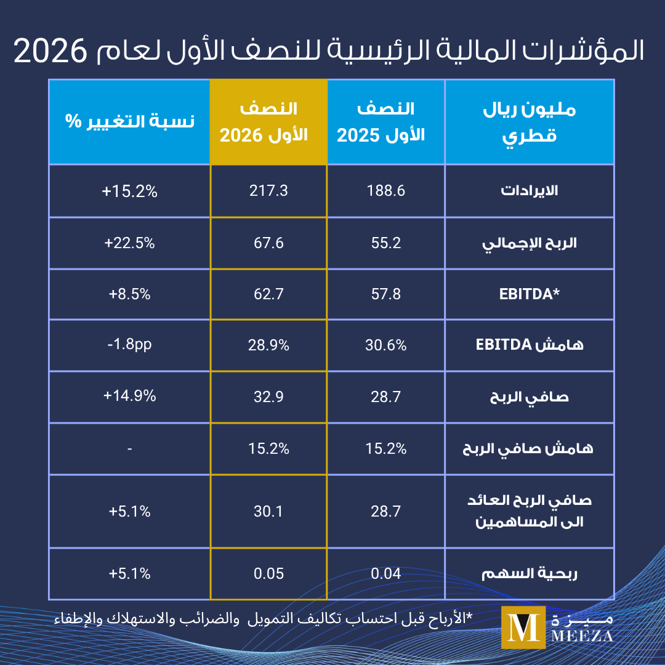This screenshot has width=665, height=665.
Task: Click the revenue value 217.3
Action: tap(268, 191)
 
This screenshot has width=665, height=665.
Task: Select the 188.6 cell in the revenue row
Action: tap(385, 191)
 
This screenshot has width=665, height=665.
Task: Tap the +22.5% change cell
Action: tap(129, 243)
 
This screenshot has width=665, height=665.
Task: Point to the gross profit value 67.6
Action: tap(268, 243)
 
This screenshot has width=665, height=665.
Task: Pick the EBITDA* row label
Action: tap(530, 294)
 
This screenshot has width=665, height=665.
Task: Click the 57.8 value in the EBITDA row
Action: tap(385, 294)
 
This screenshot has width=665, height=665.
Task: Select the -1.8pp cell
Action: tap(129, 344)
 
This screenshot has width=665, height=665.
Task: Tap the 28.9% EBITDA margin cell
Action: tap(268, 345)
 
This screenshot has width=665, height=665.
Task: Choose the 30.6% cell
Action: tap(385, 345)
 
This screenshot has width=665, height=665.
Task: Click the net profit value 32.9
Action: tap(268, 397)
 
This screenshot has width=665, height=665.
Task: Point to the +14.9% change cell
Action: tap(129, 396)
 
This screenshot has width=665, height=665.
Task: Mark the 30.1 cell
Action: tap(268, 512)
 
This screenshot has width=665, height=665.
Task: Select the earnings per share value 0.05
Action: tap(268, 574)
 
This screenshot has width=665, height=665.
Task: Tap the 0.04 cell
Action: tap(385, 574)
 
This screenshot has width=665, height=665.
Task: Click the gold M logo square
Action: tap(523, 627)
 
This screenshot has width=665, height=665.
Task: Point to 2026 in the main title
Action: tap(50, 51)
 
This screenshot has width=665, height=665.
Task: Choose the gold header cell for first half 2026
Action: tap(268, 122)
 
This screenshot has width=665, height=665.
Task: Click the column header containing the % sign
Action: tap(129, 122)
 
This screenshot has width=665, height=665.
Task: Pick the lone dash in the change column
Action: tap(129, 449)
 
